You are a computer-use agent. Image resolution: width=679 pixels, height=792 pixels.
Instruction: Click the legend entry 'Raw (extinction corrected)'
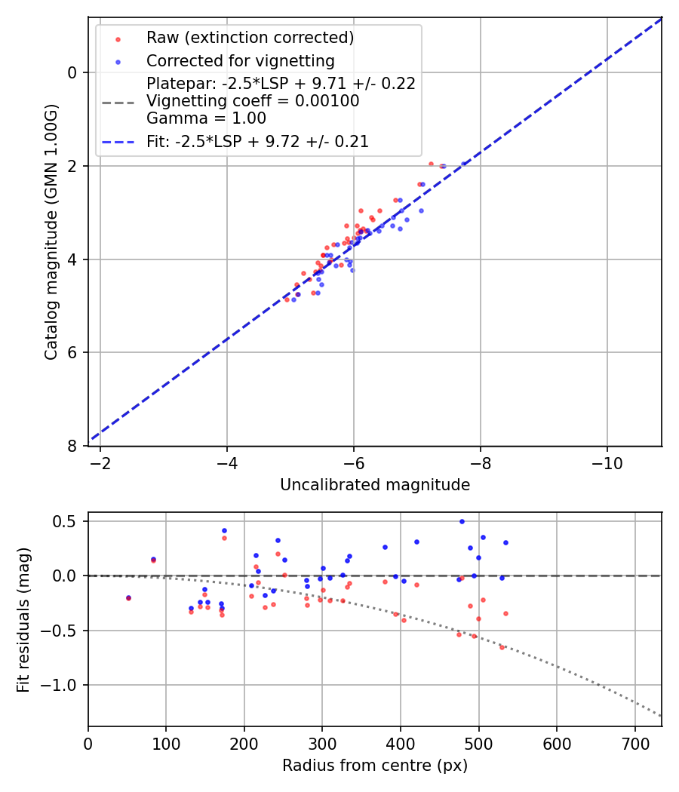pyautogui.click(x=250, y=38)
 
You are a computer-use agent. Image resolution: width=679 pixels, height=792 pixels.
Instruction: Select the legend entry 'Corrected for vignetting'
pyautogui.click(x=240, y=60)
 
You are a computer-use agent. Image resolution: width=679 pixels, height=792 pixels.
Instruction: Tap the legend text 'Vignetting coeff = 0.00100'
pyautogui.click(x=253, y=100)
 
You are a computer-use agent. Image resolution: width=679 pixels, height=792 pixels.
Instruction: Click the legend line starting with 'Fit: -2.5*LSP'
pyautogui.click(x=257, y=141)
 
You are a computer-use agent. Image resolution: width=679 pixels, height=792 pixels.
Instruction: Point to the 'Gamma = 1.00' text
pyautogui.click(x=206, y=118)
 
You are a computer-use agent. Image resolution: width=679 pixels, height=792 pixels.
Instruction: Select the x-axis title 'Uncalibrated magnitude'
pyautogui.click(x=375, y=485)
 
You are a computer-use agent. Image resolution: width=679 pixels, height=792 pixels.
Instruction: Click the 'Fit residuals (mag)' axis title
pyautogui.click(x=24, y=619)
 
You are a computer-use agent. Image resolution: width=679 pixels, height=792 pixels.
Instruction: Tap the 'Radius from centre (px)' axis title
pyautogui.click(x=375, y=766)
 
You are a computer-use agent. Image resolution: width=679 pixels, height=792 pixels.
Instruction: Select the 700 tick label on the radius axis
pyautogui.click(x=634, y=743)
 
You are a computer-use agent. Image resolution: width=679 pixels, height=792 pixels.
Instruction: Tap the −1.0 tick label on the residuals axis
pyautogui.click(x=65, y=685)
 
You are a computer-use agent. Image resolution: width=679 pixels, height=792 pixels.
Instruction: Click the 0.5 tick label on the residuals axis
pyautogui.click(x=69, y=521)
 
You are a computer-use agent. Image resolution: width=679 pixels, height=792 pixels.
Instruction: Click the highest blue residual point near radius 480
pyautogui.click(x=462, y=521)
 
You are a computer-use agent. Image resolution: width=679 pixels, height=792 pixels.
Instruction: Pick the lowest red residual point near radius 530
pyautogui.click(x=502, y=647)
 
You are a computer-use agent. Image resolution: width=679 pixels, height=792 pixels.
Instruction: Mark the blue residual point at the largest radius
pyautogui.click(x=505, y=542)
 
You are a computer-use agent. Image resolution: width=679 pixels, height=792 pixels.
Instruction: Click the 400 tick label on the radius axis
pyautogui.click(x=401, y=743)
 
